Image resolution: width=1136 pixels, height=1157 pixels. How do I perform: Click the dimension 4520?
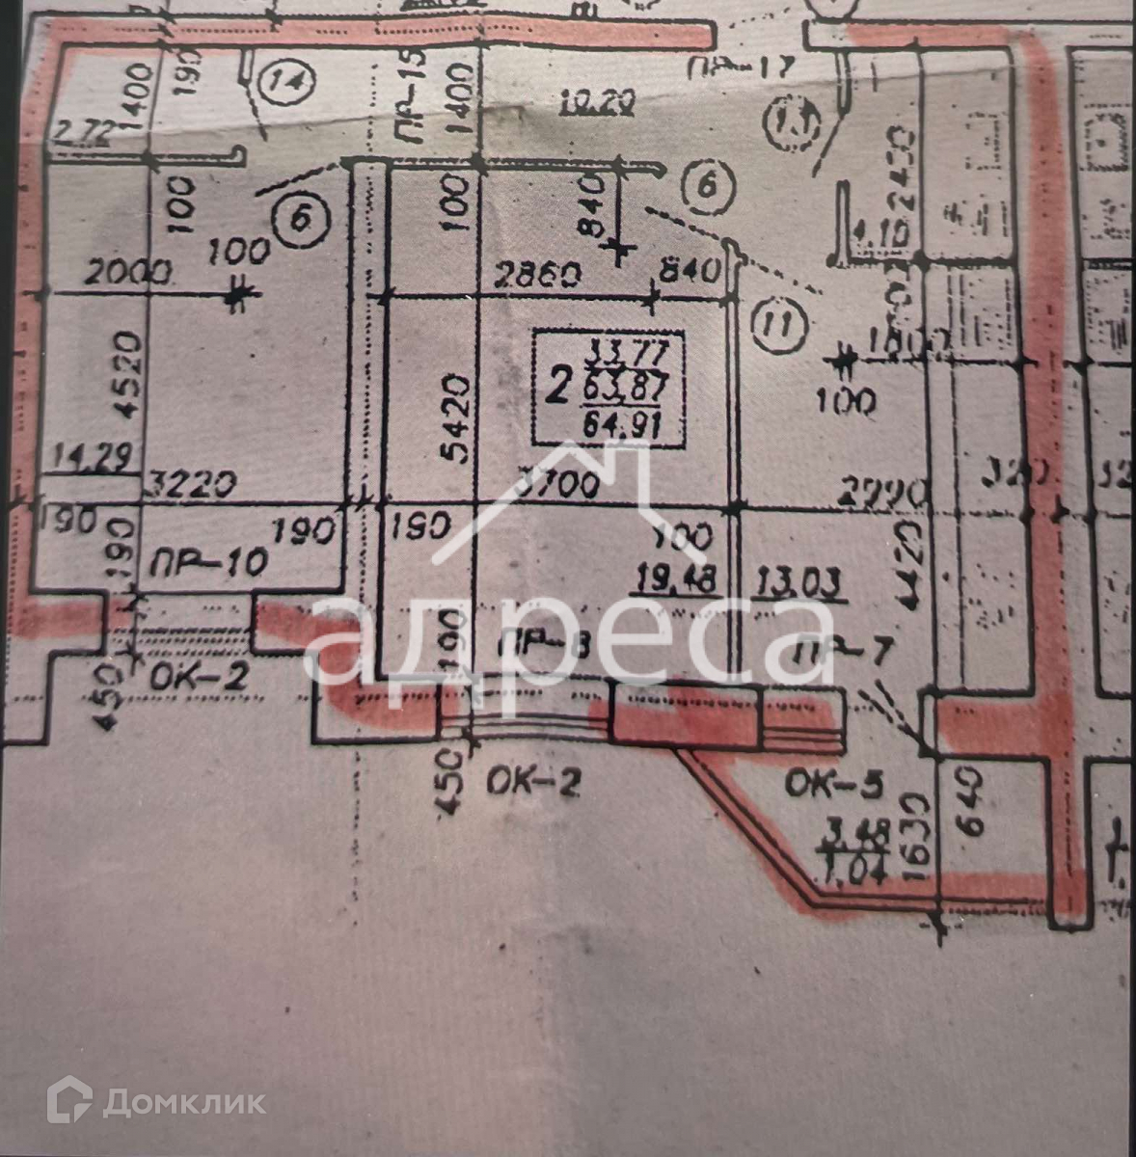[x=132, y=376]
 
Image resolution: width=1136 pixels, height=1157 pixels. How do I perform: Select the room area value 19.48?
[x=675, y=578]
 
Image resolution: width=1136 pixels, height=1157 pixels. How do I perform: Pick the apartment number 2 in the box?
[x=556, y=387]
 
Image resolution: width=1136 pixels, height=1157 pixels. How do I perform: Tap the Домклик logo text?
[x=183, y=1101]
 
